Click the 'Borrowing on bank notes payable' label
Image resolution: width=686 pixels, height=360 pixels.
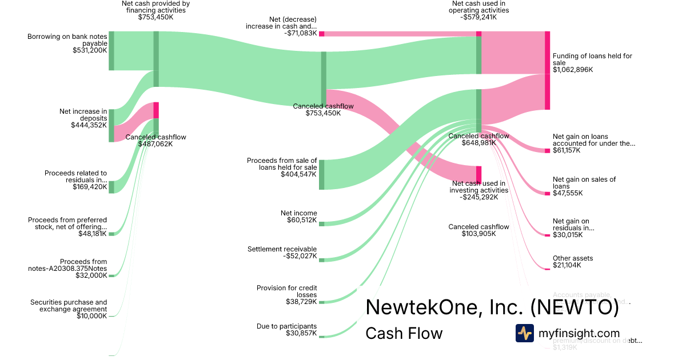point(67,43)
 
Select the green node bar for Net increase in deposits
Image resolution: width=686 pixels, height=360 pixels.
point(111,125)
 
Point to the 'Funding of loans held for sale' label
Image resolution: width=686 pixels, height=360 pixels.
point(592,63)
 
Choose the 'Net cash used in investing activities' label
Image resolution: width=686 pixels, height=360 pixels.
point(478,190)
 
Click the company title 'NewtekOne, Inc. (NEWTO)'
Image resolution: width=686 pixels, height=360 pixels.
point(492,307)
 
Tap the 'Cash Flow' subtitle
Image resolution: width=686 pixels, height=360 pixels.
point(404,333)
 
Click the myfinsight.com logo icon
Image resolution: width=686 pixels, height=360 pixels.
point(524,333)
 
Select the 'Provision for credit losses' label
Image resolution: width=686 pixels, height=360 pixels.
point(286,294)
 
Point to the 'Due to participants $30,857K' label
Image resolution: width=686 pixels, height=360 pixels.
point(286,330)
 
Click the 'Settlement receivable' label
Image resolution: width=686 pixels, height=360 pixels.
point(282,253)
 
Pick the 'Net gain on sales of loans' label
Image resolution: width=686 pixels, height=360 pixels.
point(584,186)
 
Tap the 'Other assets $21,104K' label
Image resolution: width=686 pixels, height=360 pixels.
point(572,262)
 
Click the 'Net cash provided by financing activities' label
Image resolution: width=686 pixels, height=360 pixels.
point(155,10)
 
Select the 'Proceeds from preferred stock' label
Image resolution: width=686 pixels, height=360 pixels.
point(67,227)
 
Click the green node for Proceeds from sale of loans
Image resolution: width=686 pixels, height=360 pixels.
point(322,174)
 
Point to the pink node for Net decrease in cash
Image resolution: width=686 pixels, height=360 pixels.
point(322,34)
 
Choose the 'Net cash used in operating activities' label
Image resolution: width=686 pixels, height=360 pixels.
point(478,10)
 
